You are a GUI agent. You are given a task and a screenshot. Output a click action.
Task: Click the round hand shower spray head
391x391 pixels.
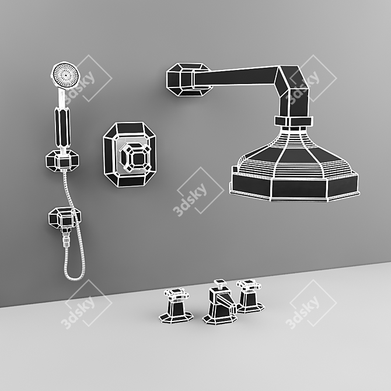[65, 75]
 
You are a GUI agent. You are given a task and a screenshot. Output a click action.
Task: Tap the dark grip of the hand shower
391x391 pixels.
[62, 127]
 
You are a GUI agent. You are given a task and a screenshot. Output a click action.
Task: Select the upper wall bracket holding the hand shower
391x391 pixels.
[62, 160]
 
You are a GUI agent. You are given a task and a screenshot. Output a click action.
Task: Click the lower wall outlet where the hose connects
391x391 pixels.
[64, 218]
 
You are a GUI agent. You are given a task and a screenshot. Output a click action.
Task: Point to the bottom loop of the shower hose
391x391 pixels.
[74, 275]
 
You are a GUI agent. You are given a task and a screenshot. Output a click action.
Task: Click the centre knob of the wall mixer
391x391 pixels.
[135, 158]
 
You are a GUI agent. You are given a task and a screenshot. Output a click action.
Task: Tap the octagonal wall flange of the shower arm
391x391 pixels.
[188, 79]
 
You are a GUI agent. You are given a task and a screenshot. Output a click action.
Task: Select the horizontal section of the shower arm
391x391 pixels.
[236, 76]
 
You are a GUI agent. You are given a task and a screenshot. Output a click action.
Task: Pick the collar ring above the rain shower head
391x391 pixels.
[294, 121]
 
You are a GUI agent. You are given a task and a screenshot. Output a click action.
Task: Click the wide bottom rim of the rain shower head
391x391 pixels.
[295, 187]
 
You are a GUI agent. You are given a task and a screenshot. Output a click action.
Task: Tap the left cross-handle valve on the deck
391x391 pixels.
[176, 306]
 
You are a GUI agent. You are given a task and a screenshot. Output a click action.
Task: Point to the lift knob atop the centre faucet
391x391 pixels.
[220, 283]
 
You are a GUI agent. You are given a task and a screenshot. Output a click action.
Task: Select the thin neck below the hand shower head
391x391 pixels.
[61, 97]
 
